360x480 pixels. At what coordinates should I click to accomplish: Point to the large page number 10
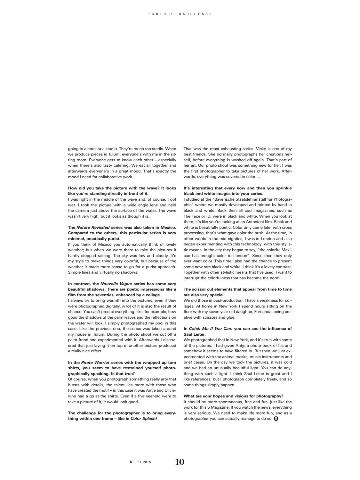pyautogui.click(x=180, y=462)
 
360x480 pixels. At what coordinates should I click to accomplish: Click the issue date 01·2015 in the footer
pyautogui.click(x=144, y=462)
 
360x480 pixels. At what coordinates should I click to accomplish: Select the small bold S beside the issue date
pyautogui.click(x=131, y=462)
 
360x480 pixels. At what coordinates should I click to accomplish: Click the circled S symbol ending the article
pyautogui.click(x=276, y=419)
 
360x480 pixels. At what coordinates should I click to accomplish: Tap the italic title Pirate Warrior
pyautogui.click(x=95, y=363)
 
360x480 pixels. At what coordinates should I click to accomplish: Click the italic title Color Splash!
pyautogui.click(x=144, y=419)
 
